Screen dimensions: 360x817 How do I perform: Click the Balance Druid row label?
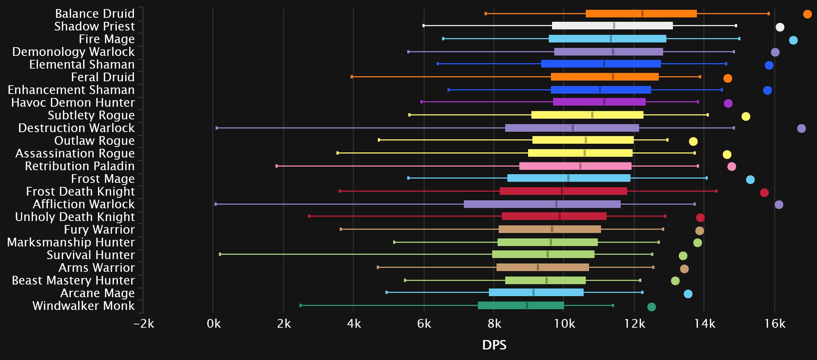pyautogui.click(x=95, y=14)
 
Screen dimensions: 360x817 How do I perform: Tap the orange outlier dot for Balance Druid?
pyautogui.click(x=807, y=14)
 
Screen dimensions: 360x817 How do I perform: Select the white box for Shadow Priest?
pyautogui.click(x=612, y=26)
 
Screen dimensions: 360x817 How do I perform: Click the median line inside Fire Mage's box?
pyautogui.click(x=611, y=39)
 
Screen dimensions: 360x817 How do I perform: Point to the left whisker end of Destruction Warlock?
pyautogui.click(x=217, y=128)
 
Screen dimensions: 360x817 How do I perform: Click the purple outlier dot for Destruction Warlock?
pyautogui.click(x=801, y=128)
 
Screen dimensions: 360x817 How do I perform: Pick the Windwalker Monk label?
pyautogui.click(x=83, y=306)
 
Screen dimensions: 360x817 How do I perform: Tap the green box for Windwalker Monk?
pyautogui.click(x=520, y=306)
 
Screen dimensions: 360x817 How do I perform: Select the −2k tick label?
pyautogui.click(x=144, y=323)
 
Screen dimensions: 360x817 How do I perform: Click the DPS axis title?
pyautogui.click(x=494, y=345)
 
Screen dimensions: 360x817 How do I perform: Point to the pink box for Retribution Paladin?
pyautogui.click(x=575, y=166)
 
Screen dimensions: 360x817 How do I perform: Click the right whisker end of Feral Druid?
pyautogui.click(x=700, y=77)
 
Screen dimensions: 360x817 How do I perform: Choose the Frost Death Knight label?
pyautogui.click(x=80, y=192)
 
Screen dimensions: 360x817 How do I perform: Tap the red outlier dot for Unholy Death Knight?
pyautogui.click(x=700, y=218)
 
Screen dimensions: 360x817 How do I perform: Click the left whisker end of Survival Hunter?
pyautogui.click(x=220, y=254)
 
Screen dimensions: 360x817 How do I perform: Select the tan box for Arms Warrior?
pyautogui.click(x=542, y=267)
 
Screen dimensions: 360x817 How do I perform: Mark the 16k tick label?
pyautogui.click(x=775, y=323)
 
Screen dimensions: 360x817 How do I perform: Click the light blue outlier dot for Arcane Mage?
pyautogui.click(x=688, y=294)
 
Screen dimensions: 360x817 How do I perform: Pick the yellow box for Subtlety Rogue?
pyautogui.click(x=587, y=115)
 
